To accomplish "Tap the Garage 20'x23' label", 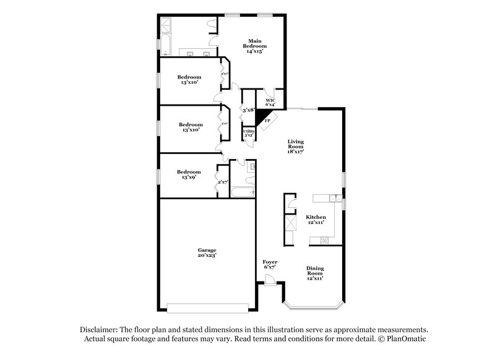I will [x=207, y=252].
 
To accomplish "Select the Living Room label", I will [x=296, y=146].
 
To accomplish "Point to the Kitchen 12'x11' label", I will [x=316, y=220].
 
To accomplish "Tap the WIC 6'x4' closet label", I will [x=270, y=102].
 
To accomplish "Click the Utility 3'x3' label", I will [x=249, y=134].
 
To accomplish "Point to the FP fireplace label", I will [x=267, y=120].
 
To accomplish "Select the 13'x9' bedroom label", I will [x=189, y=174].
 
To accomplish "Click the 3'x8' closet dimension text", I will [x=249, y=110].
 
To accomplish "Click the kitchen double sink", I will [x=333, y=199].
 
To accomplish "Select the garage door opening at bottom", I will [x=207, y=306].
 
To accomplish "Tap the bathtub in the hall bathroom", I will [x=241, y=192].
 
